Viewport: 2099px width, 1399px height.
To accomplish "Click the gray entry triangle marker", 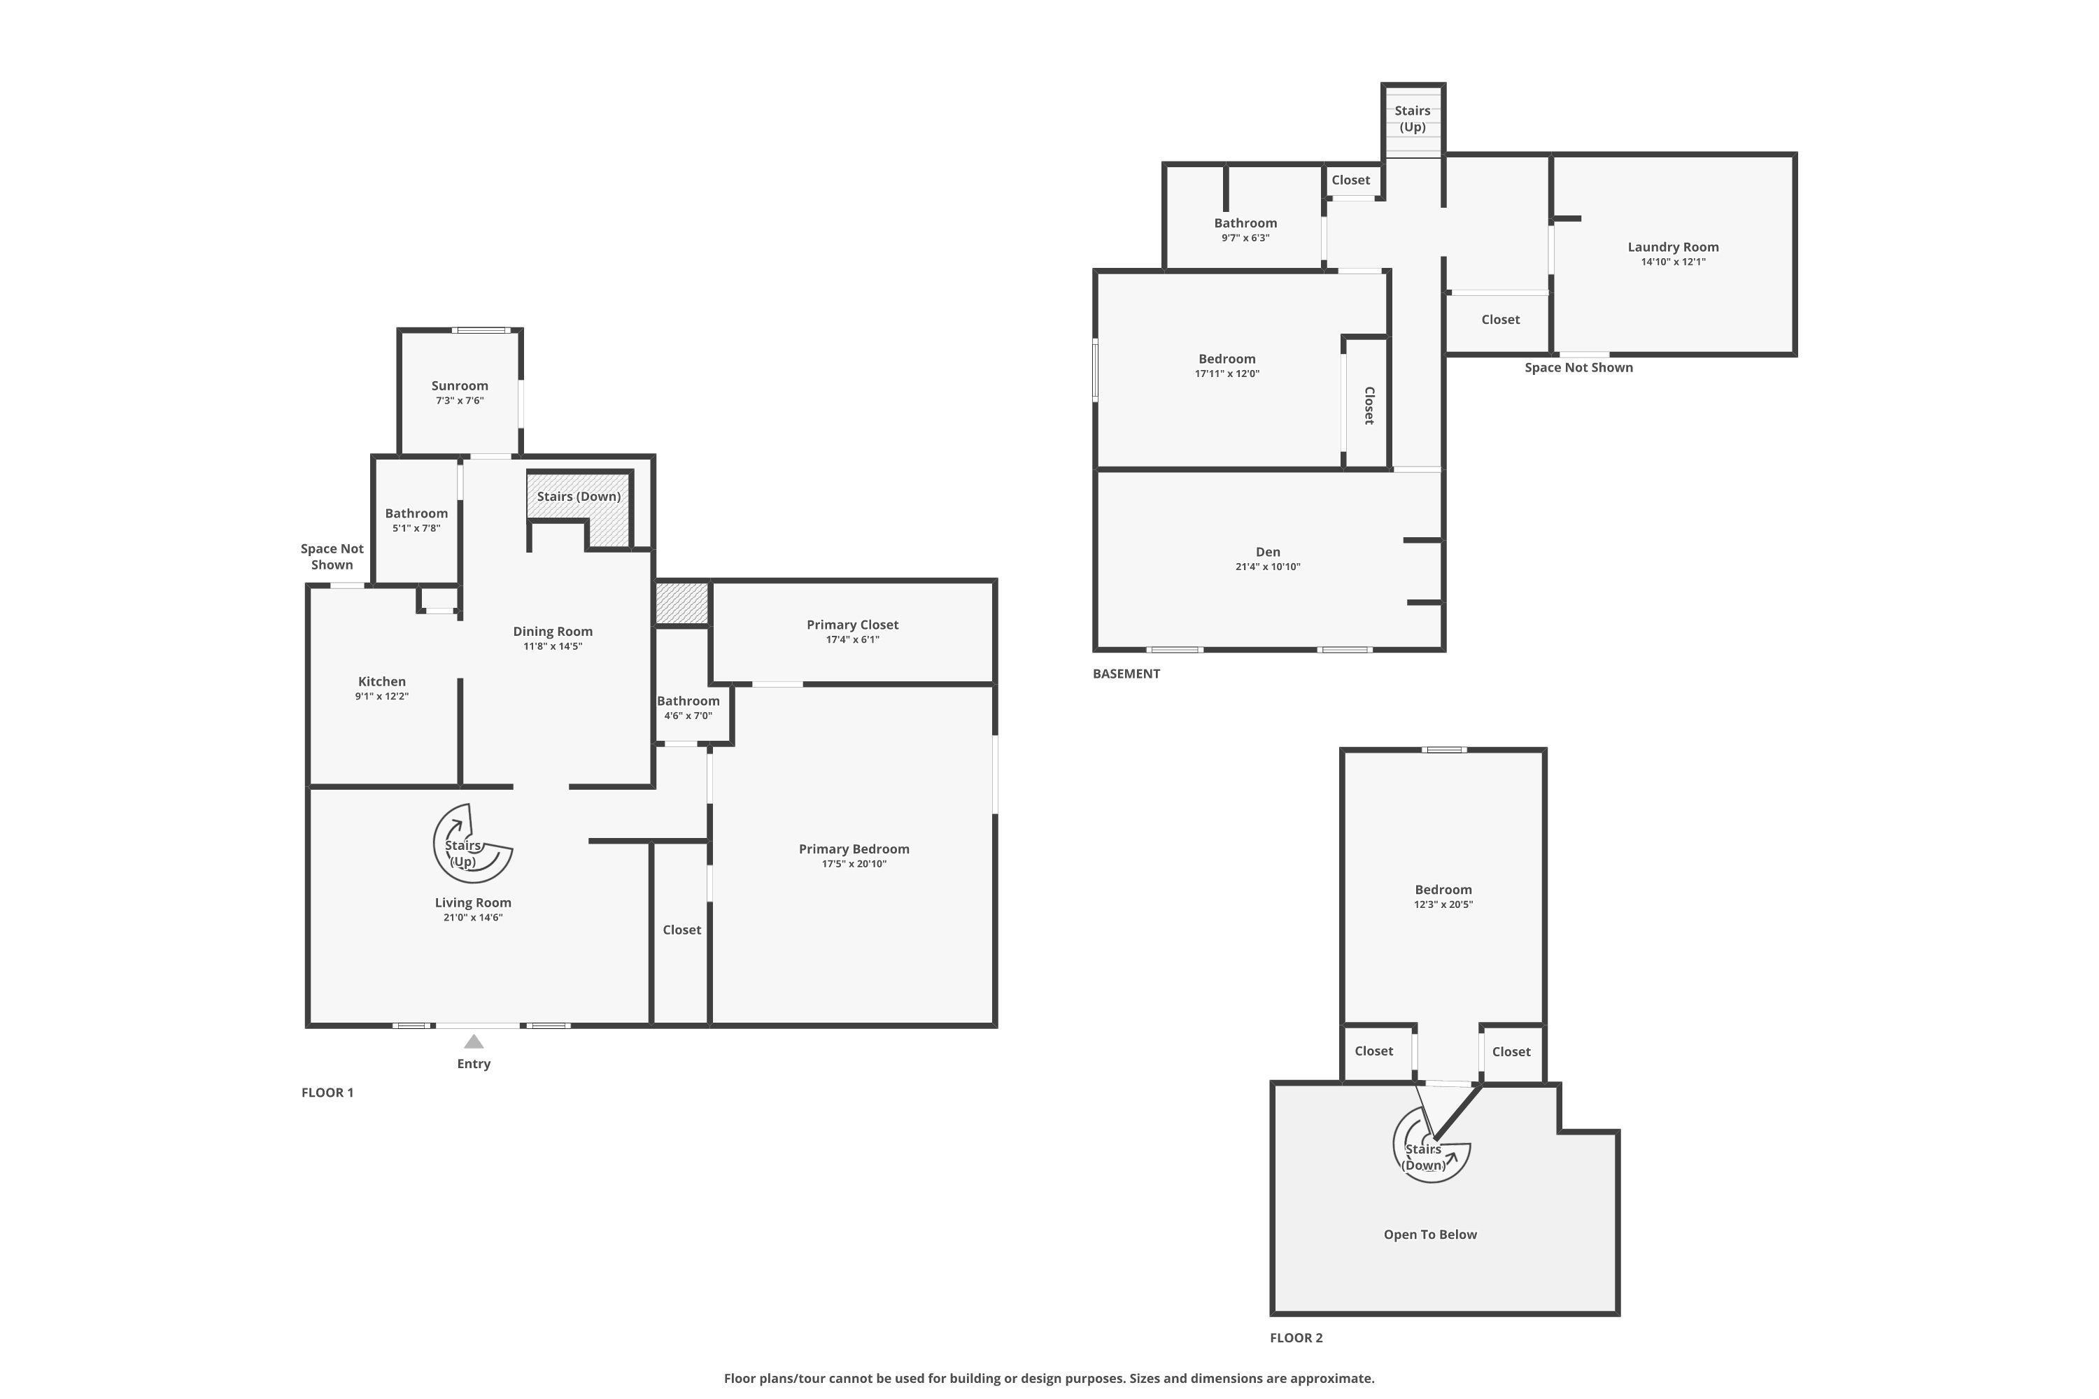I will tap(474, 1042).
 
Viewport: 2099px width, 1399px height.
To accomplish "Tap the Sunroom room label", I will tap(460, 386).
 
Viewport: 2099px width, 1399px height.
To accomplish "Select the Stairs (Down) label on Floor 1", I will tap(579, 497).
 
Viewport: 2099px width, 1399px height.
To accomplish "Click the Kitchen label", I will tap(382, 681).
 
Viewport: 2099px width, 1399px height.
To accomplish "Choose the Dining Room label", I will tap(553, 632).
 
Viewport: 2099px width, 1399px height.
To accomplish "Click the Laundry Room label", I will tap(1672, 247).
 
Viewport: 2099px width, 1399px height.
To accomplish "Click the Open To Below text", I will tap(1429, 1235).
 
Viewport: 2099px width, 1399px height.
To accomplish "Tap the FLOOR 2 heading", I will tap(1296, 1338).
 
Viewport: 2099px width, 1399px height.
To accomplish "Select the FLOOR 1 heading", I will tap(327, 1093).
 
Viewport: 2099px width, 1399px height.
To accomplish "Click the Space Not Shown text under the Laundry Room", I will tap(1578, 368).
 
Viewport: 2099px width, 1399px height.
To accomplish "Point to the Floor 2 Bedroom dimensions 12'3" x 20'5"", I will tap(1443, 904).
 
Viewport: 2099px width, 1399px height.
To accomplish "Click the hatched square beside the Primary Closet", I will tap(681, 603).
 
